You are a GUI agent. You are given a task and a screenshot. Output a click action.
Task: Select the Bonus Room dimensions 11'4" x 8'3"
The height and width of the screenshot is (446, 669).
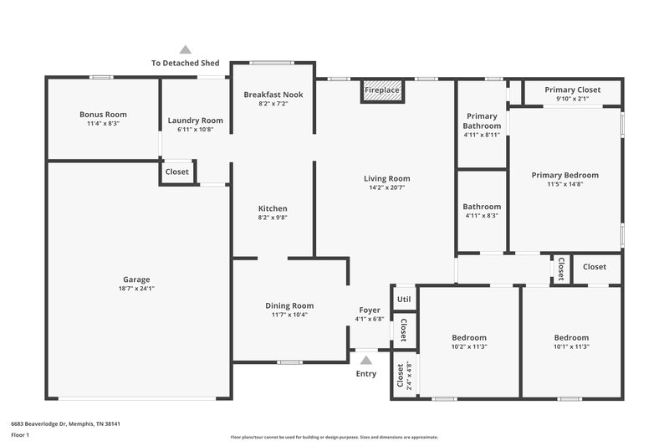103,123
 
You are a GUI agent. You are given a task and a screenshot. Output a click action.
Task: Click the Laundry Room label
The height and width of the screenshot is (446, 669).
195,120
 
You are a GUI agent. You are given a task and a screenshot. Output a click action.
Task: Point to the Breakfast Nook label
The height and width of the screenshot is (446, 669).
273,95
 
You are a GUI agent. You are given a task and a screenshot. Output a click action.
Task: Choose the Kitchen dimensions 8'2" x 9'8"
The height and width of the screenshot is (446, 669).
273,218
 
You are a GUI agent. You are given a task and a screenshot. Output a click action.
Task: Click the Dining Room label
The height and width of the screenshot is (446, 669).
289,305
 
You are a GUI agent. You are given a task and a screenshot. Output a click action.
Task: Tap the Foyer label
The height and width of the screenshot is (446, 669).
370,310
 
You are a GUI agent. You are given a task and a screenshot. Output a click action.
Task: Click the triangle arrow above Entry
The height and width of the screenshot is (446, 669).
365,361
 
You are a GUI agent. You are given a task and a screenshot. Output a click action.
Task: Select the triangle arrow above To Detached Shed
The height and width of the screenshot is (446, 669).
185,50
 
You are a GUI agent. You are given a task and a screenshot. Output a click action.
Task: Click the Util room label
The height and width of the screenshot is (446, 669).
404,299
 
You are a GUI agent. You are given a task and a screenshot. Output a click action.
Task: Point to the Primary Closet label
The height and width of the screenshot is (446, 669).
572,90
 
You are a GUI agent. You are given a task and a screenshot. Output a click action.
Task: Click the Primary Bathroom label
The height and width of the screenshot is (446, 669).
482,120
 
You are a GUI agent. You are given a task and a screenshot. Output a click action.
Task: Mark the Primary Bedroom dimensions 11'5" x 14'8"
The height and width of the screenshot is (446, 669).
565,184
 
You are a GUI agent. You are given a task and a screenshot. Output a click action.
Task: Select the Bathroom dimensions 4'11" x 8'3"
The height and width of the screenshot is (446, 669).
482,216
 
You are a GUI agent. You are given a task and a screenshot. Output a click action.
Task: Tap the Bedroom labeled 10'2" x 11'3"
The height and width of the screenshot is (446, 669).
469,338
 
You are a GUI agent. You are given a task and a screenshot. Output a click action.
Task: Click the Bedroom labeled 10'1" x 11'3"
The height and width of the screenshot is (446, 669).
571,338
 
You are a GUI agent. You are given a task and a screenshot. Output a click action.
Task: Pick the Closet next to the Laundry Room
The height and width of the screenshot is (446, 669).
176,172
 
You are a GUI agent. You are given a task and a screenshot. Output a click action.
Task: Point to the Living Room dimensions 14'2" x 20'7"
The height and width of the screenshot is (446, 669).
386,188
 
